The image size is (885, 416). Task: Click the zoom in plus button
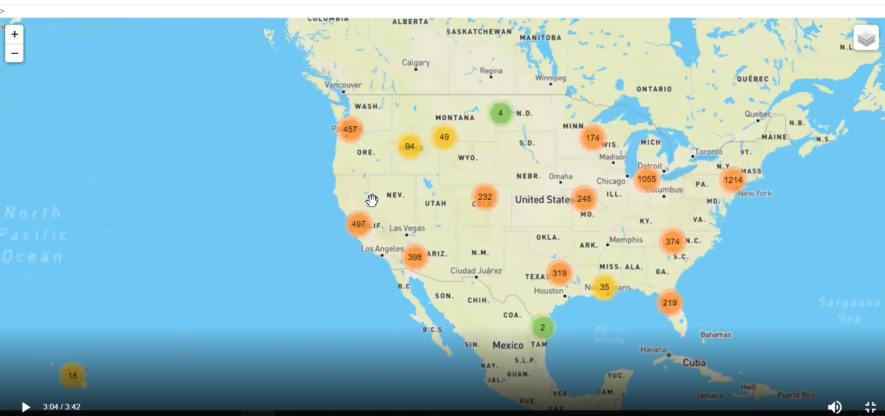tap(15, 34)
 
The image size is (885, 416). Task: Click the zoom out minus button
tap(15, 53)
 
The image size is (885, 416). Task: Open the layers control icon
tap(866, 38)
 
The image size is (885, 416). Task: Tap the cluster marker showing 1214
tap(733, 180)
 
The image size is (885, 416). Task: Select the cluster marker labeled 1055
tap(647, 179)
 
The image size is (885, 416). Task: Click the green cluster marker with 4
tap(500, 113)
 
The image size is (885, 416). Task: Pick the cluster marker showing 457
tap(350, 130)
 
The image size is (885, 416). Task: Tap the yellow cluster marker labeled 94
tap(409, 146)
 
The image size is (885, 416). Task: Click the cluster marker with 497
tap(358, 224)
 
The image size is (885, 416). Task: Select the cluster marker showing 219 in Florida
tap(669, 303)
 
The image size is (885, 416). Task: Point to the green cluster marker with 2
tap(543, 328)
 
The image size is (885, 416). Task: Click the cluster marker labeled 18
tap(73, 375)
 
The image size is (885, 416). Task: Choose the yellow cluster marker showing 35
tap(604, 287)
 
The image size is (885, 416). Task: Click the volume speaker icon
tap(834, 407)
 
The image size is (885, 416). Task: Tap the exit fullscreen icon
tap(870, 407)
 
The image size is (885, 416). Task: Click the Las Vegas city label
tap(407, 228)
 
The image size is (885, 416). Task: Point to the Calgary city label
tap(415, 62)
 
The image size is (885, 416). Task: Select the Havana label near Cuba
tap(653, 350)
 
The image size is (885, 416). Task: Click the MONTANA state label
tap(455, 118)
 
